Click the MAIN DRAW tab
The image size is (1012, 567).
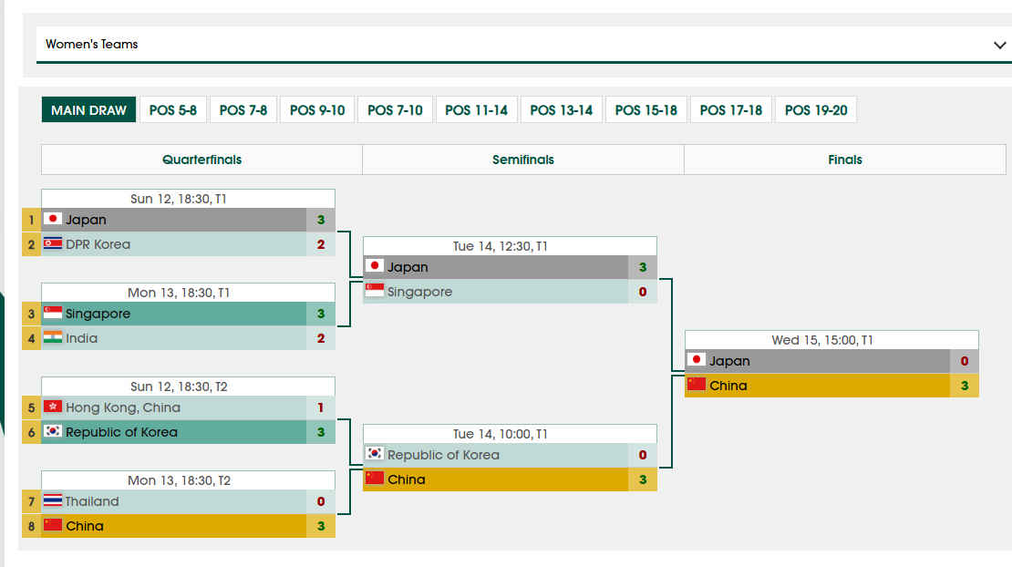88,109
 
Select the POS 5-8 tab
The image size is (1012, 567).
173,109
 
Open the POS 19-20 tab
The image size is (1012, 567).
816,109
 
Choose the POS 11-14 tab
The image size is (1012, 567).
476,109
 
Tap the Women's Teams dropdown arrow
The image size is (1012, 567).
1000,46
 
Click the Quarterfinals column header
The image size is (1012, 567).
202,160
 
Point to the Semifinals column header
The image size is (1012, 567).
522,160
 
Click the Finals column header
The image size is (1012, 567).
845,160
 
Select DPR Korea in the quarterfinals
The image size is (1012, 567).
98,244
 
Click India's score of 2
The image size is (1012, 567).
321,338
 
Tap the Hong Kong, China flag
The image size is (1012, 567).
53,407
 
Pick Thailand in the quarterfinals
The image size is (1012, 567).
92,501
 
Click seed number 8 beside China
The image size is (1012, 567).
31,526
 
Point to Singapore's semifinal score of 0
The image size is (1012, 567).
643,292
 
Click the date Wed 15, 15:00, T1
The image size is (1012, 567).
822,340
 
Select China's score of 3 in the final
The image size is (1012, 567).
965,386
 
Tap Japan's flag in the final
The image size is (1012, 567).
697,359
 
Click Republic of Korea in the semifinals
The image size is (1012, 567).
443,455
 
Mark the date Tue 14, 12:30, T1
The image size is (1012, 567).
501,246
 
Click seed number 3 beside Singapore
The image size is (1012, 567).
31,314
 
